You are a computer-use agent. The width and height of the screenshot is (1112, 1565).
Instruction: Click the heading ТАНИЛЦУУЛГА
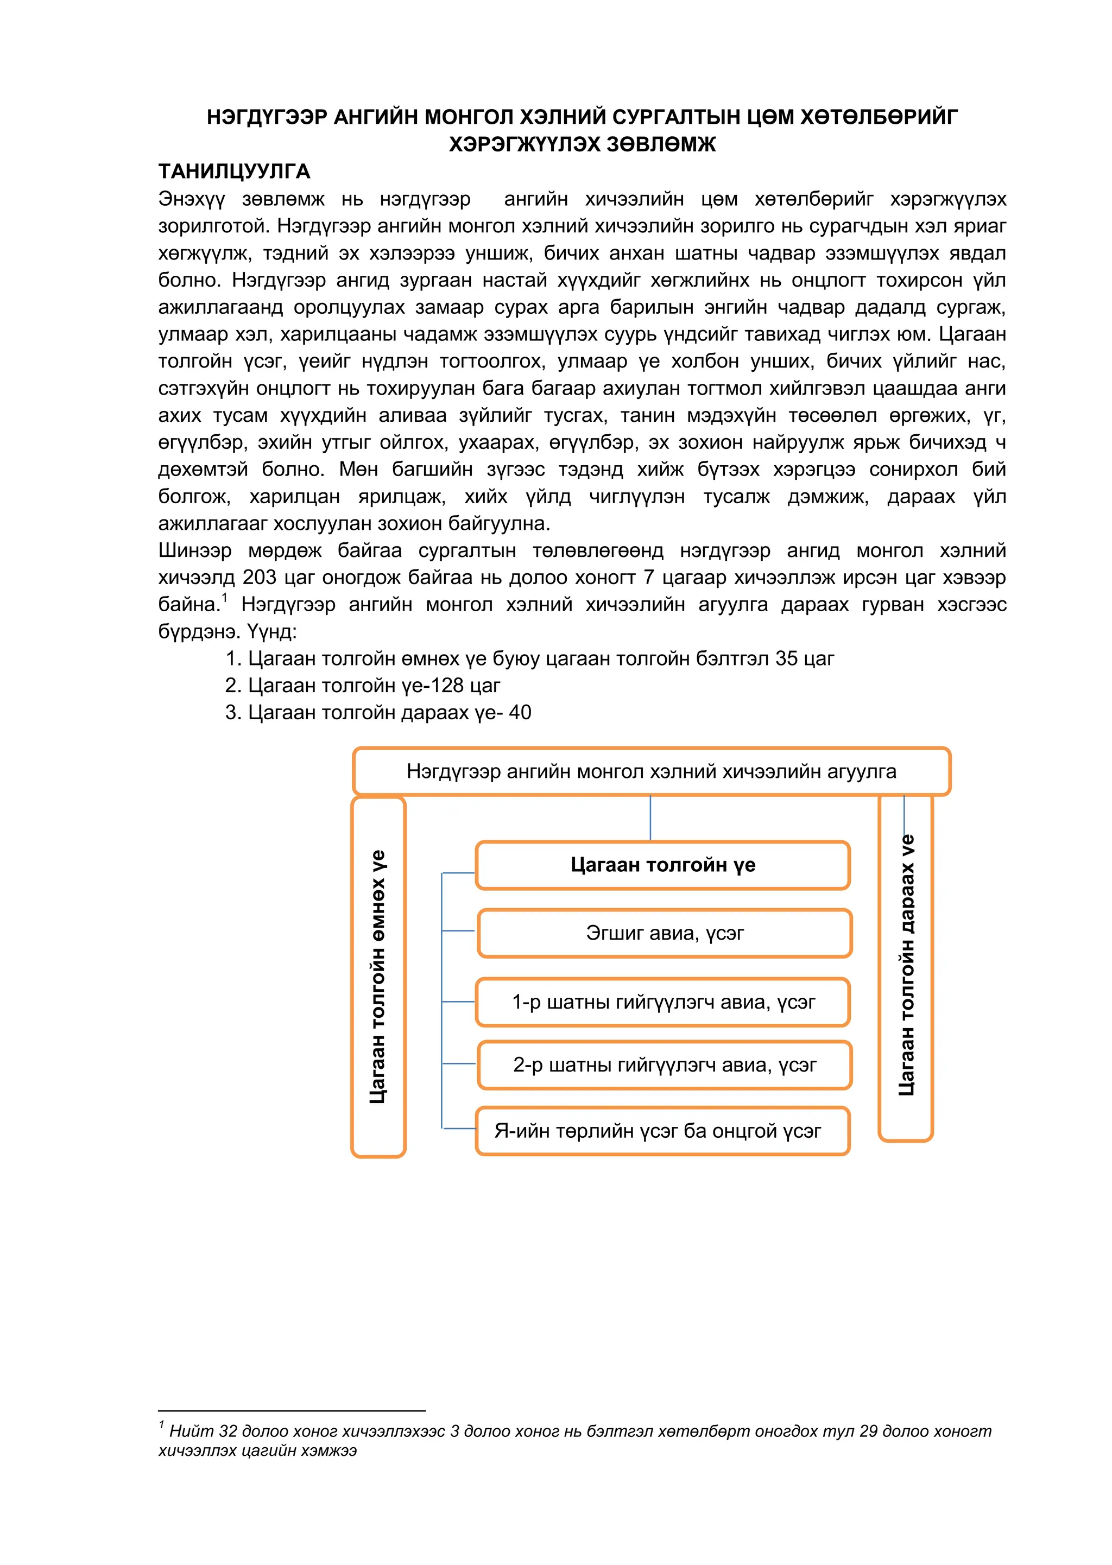234,171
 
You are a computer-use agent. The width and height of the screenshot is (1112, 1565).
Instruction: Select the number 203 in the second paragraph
260,577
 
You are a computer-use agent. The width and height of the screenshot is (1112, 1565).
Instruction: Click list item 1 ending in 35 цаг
529,658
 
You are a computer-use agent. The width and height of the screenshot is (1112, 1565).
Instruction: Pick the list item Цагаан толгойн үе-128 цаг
363,685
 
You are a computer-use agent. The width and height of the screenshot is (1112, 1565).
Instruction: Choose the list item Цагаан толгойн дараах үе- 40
378,713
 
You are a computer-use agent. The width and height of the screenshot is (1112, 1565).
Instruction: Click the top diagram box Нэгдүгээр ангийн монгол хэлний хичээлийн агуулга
650,771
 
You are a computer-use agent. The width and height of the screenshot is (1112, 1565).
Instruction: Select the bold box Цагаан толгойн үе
663,865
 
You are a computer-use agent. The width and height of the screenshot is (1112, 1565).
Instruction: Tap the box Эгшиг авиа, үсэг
664,933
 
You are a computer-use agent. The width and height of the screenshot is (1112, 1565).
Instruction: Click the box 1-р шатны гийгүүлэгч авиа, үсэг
663,1002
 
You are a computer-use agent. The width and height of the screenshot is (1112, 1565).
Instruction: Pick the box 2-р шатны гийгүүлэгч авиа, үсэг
664,1065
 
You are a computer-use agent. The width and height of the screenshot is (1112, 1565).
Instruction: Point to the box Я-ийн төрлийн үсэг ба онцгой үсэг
658,1131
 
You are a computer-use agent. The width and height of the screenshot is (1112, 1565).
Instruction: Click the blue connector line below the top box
650,818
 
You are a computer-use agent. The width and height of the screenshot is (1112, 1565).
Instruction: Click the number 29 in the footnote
869,1431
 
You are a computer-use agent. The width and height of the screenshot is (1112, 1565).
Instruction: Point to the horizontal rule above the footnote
292,1411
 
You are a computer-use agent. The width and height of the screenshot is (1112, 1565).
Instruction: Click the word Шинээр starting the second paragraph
194,550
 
